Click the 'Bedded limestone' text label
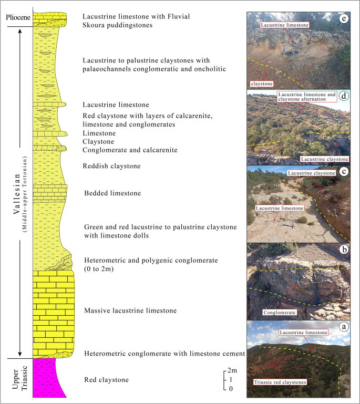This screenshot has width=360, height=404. coord(112,193)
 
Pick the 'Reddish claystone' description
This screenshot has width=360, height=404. coord(112,167)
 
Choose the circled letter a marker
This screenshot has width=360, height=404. coord(344,326)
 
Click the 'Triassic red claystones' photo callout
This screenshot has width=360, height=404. coord(280,382)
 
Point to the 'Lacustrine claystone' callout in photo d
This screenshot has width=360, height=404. coord(324,159)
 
